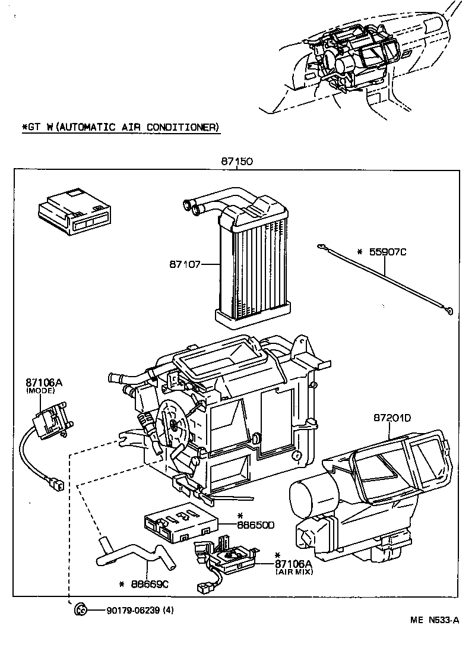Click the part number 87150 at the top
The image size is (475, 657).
[237, 162]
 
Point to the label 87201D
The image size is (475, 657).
[392, 418]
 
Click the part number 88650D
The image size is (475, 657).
[256, 525]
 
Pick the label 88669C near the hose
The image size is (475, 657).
[150, 584]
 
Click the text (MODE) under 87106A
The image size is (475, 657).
[40, 391]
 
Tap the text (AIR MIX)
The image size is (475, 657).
[294, 571]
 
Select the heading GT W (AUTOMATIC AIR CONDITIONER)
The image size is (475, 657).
[121, 127]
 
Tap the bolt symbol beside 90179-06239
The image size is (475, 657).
[81, 609]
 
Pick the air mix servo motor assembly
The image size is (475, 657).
[229, 555]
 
